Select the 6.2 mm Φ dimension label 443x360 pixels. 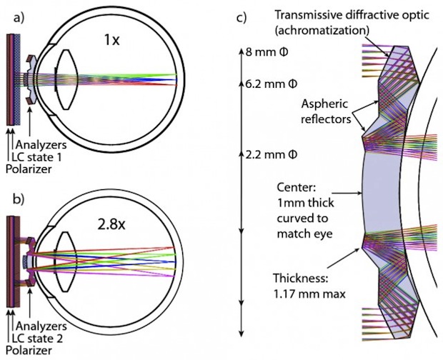[x=264, y=84]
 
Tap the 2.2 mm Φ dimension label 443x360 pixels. [x=264, y=154]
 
